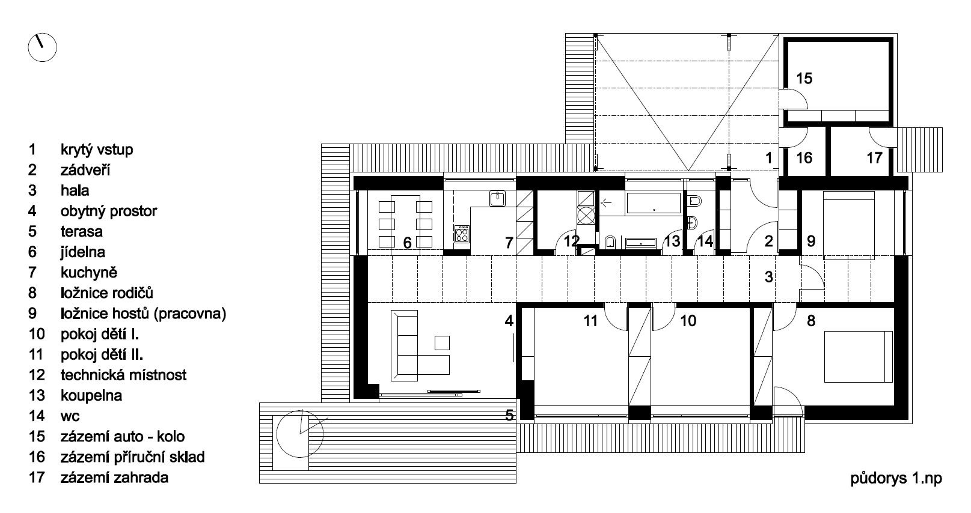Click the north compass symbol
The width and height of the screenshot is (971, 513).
[42, 47]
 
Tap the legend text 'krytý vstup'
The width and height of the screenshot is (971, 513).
[97, 150]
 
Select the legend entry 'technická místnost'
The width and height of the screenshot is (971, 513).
[123, 375]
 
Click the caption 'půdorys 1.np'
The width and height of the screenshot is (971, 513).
[896, 479]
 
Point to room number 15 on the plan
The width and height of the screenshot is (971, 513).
[804, 79]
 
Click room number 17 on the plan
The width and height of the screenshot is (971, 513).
[874, 158]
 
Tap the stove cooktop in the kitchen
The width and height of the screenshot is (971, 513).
[462, 234]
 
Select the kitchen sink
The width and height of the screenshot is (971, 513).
[497, 198]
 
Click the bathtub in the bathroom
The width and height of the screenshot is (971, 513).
[654, 203]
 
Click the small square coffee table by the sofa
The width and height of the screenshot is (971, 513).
[442, 343]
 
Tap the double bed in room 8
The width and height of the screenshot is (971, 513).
[859, 357]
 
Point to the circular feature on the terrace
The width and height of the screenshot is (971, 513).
[300, 434]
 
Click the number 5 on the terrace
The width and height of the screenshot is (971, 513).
[509, 415]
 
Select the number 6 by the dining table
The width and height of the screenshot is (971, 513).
[407, 243]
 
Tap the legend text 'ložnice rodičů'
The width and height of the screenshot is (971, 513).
[106, 293]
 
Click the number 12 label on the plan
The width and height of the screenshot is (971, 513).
[571, 241]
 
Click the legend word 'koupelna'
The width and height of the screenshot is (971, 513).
[91, 396]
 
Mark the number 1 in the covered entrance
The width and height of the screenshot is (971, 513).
[769, 158]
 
